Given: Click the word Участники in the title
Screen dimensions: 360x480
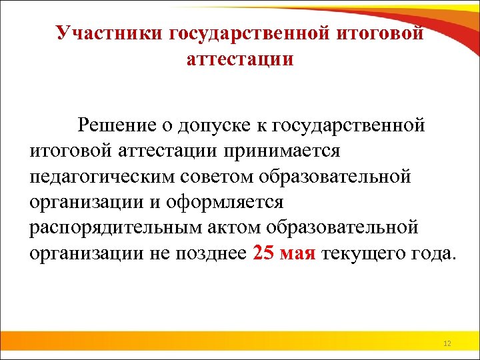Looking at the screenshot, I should click(x=112, y=33).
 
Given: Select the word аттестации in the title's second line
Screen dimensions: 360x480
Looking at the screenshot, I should click(x=240, y=60).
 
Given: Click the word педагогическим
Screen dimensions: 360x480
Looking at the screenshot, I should click(x=103, y=176).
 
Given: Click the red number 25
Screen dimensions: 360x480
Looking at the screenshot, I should click(x=265, y=253).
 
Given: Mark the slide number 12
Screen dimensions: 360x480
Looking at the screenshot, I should click(x=447, y=343).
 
